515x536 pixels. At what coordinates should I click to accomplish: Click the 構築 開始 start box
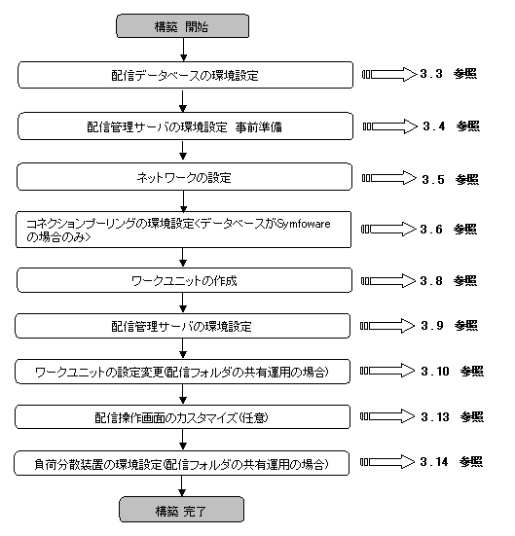182,25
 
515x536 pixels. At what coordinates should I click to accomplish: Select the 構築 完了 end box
181,510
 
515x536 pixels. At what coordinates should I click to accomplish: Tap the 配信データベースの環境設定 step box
186,75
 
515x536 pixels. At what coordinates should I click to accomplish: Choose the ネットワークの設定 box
184,177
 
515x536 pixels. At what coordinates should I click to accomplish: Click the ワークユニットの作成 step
184,280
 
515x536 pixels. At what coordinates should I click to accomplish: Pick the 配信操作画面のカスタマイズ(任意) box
182,416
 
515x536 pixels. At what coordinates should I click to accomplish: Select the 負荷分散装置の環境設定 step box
181,463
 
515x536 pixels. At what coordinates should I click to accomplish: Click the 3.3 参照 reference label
448,74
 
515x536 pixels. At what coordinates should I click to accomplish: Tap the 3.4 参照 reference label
451,126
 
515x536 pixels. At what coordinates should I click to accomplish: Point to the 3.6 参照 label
448,229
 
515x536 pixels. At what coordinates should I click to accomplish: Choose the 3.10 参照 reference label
452,371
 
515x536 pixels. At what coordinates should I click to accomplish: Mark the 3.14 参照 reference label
452,462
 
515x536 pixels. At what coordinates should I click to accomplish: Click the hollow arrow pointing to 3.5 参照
389,178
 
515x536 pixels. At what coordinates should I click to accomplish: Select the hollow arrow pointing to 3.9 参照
387,326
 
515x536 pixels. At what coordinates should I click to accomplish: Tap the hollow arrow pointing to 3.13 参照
387,416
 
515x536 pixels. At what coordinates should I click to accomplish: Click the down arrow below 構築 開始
183,50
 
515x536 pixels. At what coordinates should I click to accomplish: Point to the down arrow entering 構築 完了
182,486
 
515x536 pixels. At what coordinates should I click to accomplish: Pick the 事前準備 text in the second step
259,126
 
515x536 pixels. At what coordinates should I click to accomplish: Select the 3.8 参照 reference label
448,281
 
